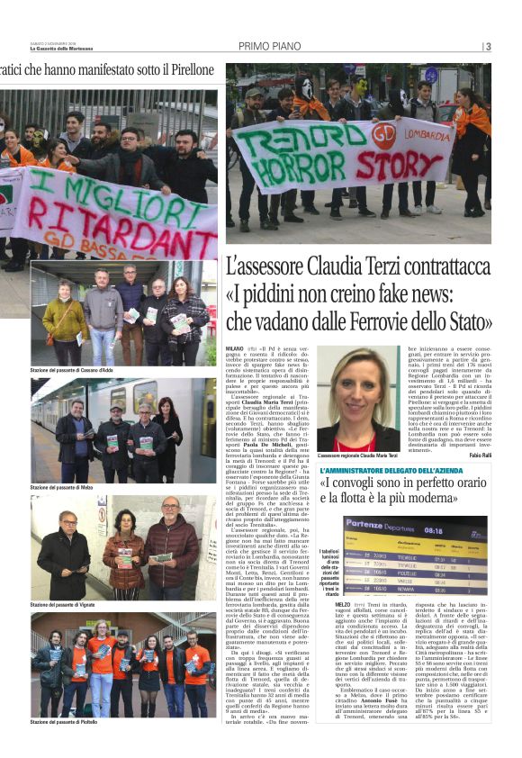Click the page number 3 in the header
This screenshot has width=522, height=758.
pos(488,47)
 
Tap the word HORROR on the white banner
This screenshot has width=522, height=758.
pos(285,169)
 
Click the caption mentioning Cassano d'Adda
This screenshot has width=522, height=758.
pos(72,371)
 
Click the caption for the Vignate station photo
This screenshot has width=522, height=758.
pos(62,604)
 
